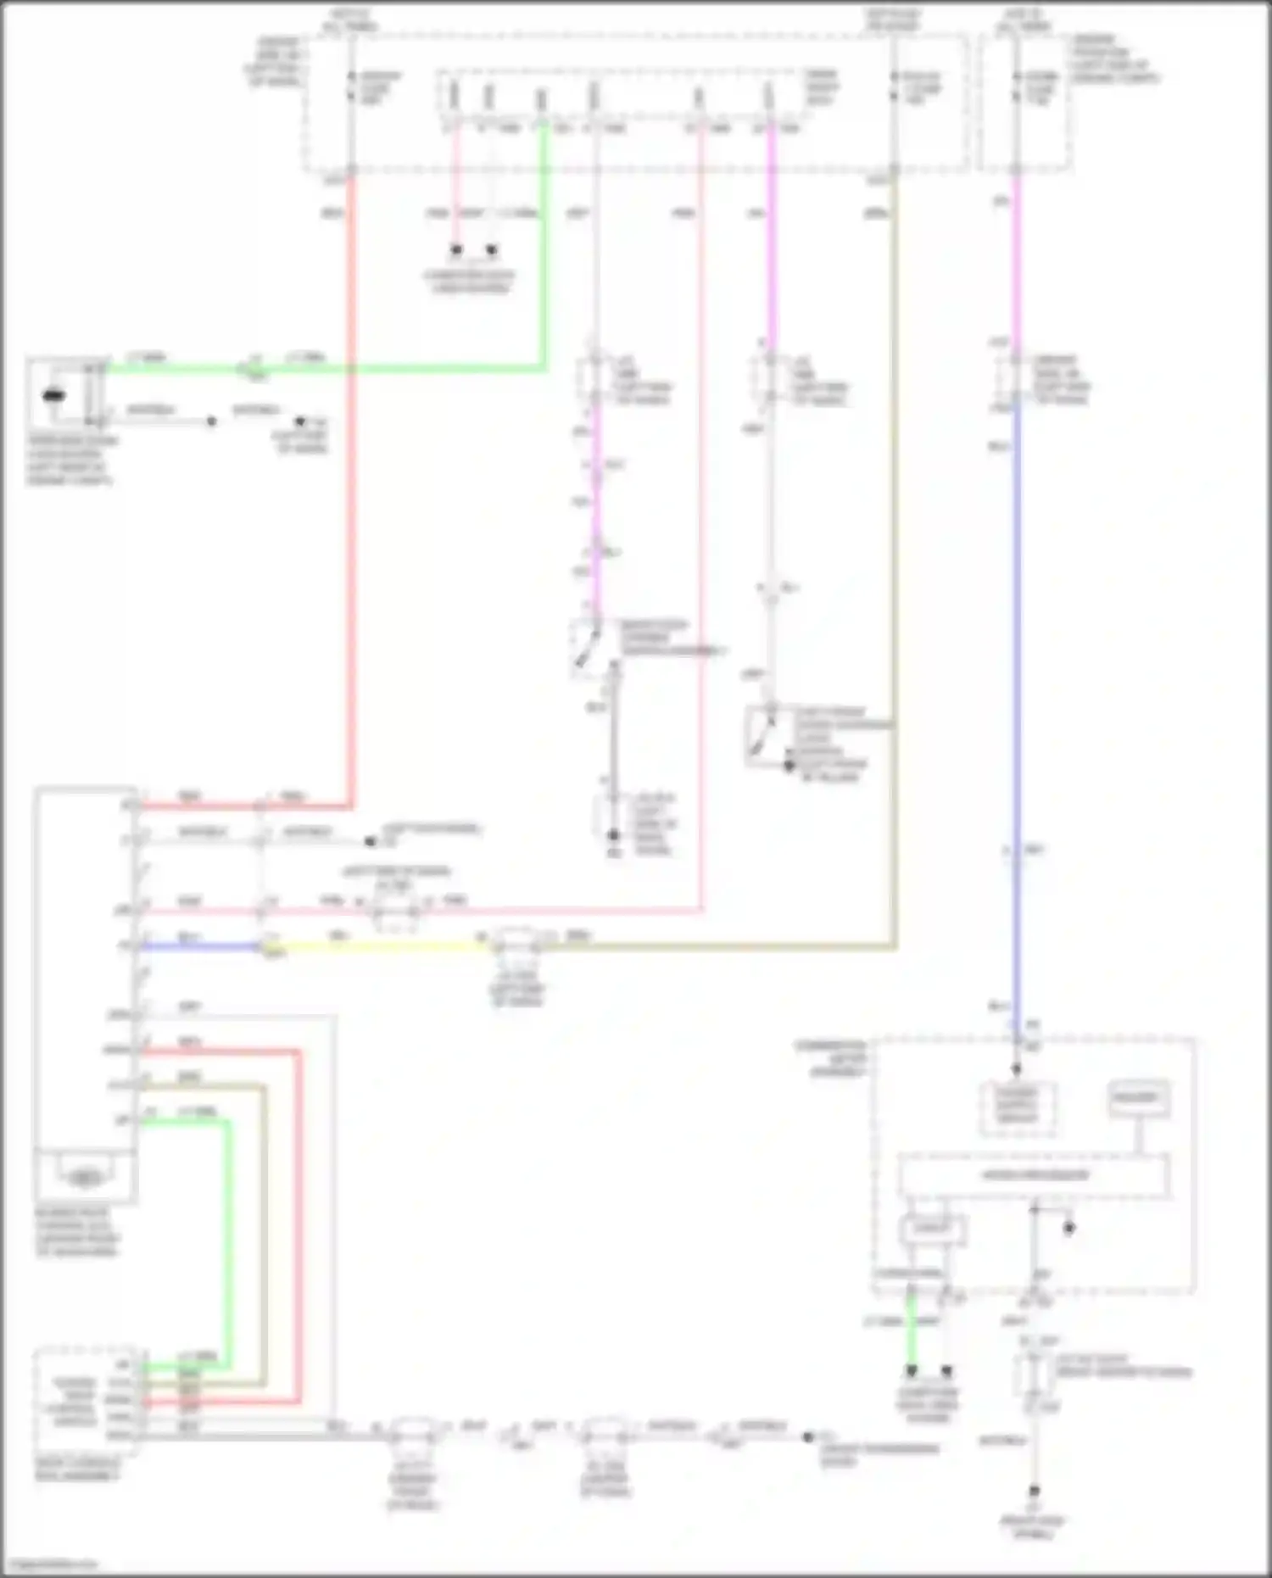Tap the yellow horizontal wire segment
[382, 945]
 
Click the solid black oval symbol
[53, 396]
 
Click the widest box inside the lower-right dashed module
[1034, 1175]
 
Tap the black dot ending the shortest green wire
[912, 1370]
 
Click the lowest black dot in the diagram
[1034, 1491]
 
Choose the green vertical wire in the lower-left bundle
[228, 1238]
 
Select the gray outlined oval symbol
[82, 1178]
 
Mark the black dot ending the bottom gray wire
[807, 1436]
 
